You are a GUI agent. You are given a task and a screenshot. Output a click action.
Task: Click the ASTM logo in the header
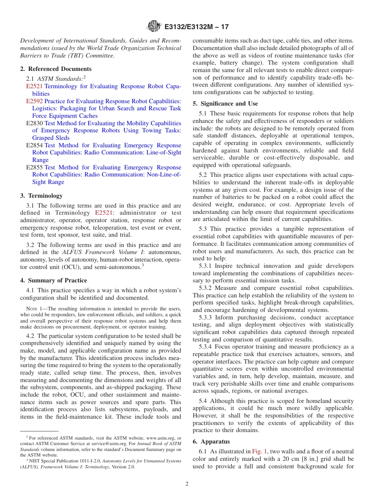[x=154, y=27]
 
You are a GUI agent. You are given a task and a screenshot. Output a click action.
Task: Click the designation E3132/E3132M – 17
[x=196, y=27]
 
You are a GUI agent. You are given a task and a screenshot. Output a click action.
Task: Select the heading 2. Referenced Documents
[x=56, y=69]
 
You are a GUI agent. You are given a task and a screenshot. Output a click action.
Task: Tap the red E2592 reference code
[x=34, y=101]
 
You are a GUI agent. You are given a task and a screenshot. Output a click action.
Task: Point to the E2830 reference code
[x=34, y=123]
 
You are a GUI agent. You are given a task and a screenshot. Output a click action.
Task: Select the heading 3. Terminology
[x=41, y=196]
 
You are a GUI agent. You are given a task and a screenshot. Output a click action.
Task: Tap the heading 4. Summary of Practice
[x=54, y=280]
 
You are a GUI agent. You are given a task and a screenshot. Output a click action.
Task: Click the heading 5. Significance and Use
[x=225, y=104]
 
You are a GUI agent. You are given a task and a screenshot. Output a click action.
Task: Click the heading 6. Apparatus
[x=211, y=442]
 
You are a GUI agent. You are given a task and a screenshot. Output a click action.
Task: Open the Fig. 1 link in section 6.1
[x=259, y=451]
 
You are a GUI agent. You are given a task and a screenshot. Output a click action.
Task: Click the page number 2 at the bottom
[x=187, y=484]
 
